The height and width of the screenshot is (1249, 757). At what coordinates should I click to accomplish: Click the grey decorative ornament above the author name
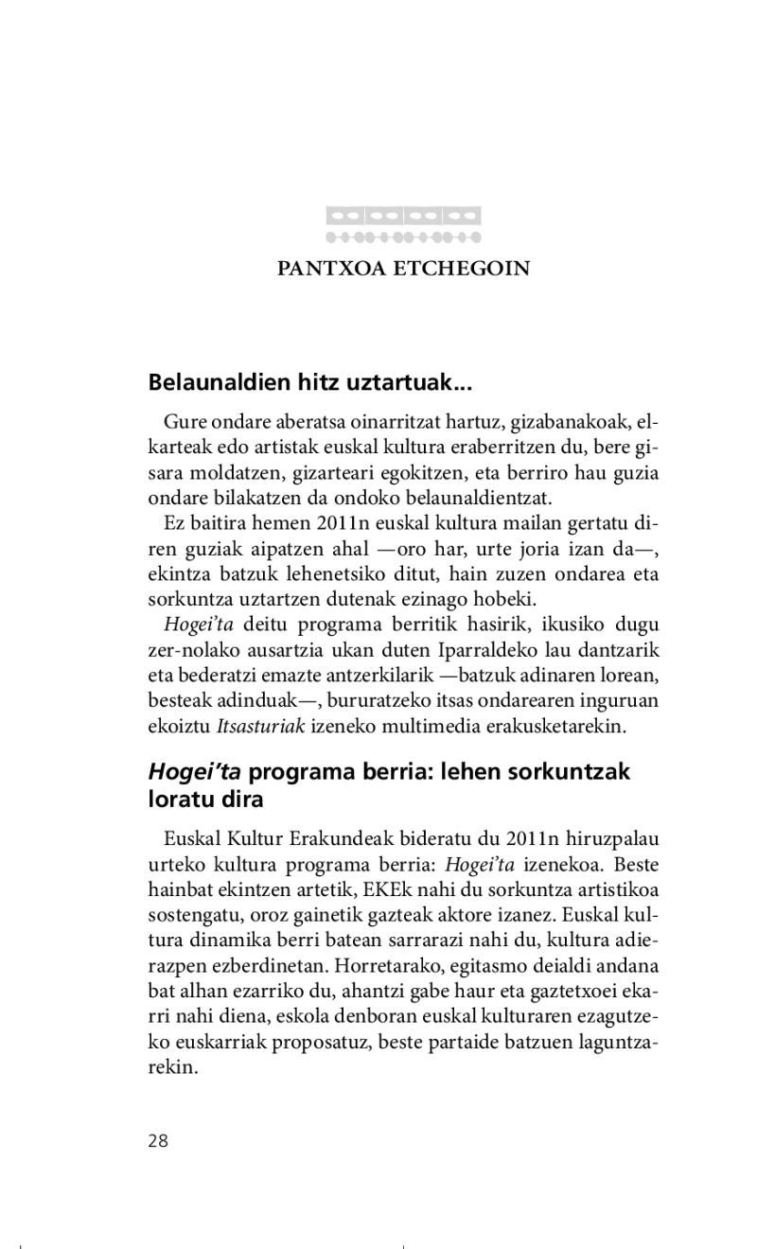point(403,224)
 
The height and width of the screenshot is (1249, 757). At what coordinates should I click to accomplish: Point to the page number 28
point(158,1140)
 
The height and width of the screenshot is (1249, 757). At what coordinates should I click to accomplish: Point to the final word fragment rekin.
point(171,1068)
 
